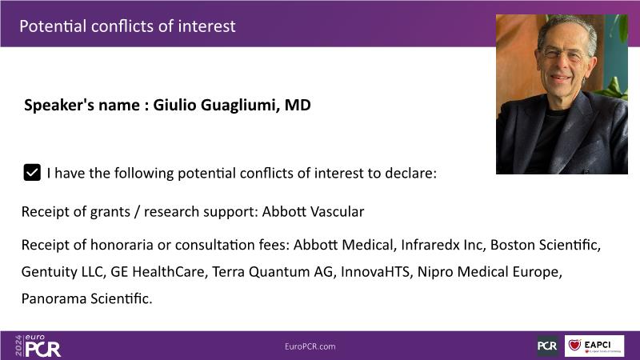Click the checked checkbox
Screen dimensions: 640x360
coord(32,172)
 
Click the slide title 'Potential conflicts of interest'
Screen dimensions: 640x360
coord(127,26)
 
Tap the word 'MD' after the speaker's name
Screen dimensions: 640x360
coord(298,105)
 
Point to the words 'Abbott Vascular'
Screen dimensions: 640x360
coord(313,211)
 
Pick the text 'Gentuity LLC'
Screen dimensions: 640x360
coord(62,271)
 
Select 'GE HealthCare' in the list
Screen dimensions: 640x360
coord(158,271)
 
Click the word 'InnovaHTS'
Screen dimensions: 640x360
coord(375,271)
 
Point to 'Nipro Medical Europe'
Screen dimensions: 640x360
coord(490,271)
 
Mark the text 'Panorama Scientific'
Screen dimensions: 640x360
coord(86,298)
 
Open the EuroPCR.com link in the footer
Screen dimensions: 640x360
coord(310,346)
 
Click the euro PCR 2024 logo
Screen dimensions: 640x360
coord(38,346)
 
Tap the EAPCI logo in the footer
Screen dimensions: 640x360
coord(594,346)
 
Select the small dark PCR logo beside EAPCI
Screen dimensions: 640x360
coord(547,346)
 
